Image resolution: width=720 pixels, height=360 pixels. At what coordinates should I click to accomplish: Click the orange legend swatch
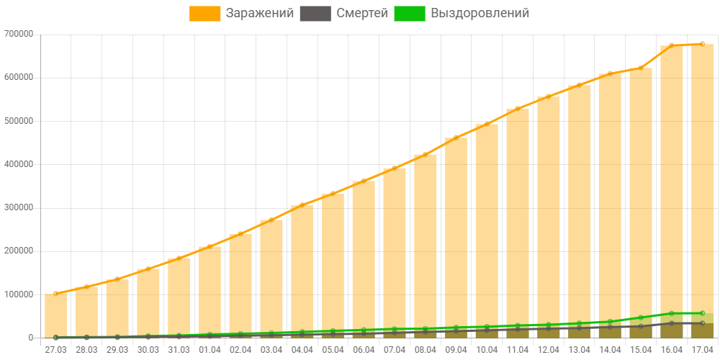(x=205, y=14)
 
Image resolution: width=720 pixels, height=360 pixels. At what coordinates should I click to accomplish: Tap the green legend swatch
(x=409, y=14)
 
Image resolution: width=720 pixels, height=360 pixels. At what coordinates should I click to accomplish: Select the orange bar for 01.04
(x=210, y=292)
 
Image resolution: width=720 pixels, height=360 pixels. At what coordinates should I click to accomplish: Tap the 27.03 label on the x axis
(x=55, y=349)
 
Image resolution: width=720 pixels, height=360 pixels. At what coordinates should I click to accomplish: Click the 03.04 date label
(x=271, y=349)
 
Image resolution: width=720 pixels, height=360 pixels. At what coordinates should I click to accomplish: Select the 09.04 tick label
(x=456, y=349)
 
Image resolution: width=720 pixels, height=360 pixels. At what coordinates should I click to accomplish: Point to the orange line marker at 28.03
(x=86, y=287)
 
